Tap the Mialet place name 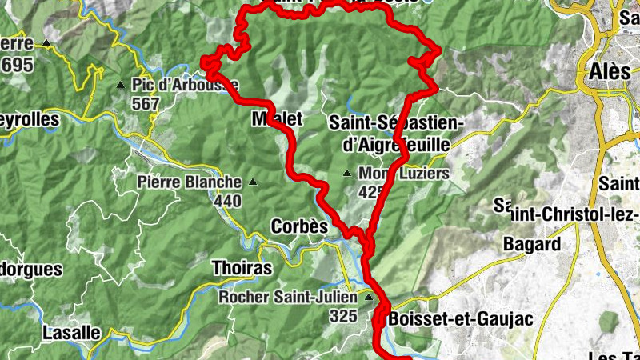[277, 118]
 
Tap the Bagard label [531, 243]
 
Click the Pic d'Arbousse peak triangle [121, 84]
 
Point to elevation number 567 [146, 103]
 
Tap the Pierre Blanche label [189, 182]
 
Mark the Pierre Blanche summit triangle [254, 182]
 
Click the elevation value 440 [227, 200]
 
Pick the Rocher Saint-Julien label [289, 298]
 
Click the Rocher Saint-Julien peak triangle [369, 298]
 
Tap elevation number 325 [342, 316]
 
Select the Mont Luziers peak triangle [347, 173]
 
